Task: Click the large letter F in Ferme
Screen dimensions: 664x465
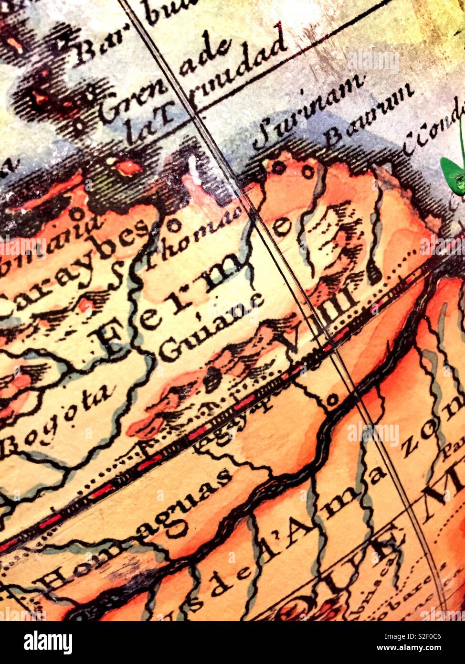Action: point(110,341)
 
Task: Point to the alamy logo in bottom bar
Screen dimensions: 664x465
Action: point(48,642)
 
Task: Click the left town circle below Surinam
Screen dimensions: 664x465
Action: point(278,167)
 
